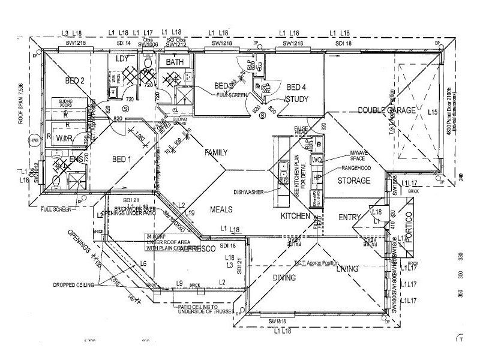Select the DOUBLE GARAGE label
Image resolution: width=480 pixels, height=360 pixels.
point(387,110)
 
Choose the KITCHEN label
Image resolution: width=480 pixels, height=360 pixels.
point(296,215)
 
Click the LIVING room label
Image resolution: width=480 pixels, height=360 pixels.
point(348,269)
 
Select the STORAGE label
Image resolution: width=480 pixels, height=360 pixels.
point(354,181)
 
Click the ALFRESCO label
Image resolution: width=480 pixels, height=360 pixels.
point(197,247)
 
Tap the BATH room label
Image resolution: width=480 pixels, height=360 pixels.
point(175,62)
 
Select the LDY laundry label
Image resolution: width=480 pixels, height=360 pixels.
point(122,59)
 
